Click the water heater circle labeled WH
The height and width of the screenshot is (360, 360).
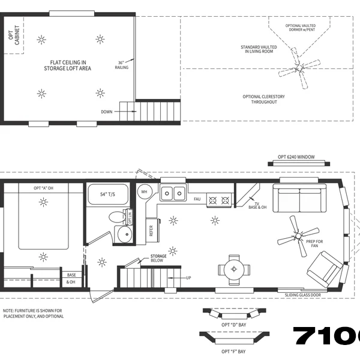pyautogui.click(x=144, y=192)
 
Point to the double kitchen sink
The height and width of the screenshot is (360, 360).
pyautogui.click(x=173, y=193)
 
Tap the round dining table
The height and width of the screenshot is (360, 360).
pyautogui.click(x=233, y=268)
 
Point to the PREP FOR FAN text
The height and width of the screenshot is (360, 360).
pyautogui.click(x=314, y=244)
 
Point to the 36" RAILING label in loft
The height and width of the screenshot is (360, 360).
pyautogui.click(x=121, y=65)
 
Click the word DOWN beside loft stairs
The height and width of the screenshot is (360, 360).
pyautogui.click(x=106, y=112)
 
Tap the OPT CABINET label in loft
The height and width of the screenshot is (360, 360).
pyautogui.click(x=12, y=38)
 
